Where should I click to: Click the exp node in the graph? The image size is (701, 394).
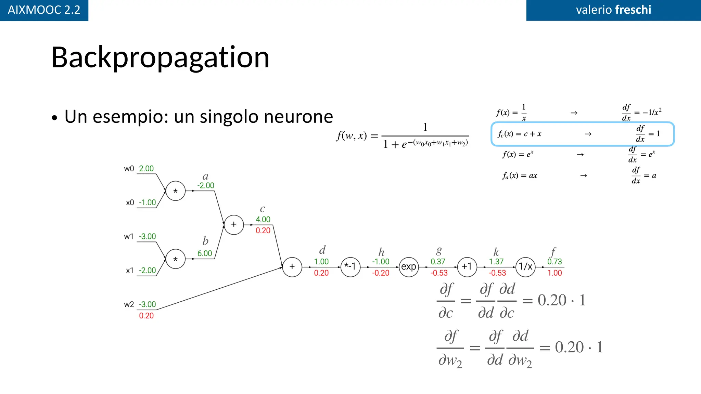(x=409, y=267)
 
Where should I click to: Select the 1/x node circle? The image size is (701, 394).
(x=525, y=267)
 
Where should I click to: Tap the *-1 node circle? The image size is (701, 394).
(x=350, y=267)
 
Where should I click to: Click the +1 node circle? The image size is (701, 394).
(x=467, y=267)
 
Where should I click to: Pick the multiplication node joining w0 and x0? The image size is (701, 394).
(x=176, y=191)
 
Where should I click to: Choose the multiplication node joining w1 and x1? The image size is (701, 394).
(x=176, y=259)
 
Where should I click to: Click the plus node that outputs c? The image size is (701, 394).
(x=234, y=225)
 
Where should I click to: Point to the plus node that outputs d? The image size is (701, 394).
(x=292, y=267)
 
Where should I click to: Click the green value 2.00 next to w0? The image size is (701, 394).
(x=146, y=169)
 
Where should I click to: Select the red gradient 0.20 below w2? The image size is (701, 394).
(x=146, y=316)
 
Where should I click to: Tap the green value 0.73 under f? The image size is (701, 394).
(x=555, y=262)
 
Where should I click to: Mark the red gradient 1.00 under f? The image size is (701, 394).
(x=555, y=273)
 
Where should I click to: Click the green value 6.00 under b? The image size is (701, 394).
(x=205, y=253)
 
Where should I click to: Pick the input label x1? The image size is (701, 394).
(x=130, y=271)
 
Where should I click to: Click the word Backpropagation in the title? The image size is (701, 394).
(x=160, y=57)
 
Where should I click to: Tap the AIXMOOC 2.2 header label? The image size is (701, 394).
(x=44, y=10)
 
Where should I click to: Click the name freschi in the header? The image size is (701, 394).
(x=633, y=10)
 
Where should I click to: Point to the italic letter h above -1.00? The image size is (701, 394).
(x=381, y=252)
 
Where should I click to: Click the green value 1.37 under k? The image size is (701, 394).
(x=496, y=262)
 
